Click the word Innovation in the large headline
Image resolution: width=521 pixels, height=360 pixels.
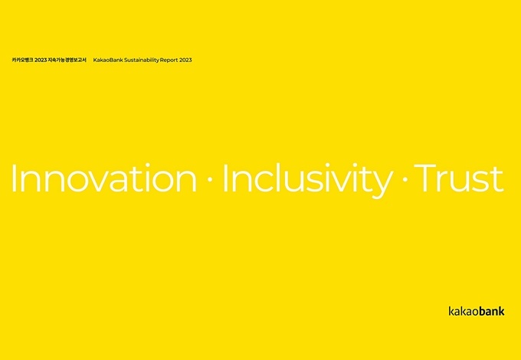pyautogui.click(x=104, y=178)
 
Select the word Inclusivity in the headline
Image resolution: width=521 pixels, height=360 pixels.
pyautogui.click(x=308, y=180)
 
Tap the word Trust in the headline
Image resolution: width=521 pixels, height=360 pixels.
pyautogui.click(x=460, y=178)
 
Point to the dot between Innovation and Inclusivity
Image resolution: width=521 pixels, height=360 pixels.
pyautogui.click(x=210, y=179)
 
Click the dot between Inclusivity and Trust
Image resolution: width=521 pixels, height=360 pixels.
pyautogui.click(x=405, y=179)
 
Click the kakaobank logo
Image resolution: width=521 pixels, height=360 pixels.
pyautogui.click(x=477, y=311)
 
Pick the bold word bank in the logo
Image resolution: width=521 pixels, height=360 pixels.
pyautogui.click(x=491, y=311)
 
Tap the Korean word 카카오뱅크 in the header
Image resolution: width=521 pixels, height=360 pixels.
pyautogui.click(x=22, y=60)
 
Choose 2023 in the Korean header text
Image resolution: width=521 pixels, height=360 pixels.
pyautogui.click(x=41, y=60)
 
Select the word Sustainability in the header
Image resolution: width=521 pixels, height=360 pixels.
pyautogui.click(x=138, y=61)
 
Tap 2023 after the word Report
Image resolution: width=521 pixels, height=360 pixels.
pyautogui.click(x=185, y=60)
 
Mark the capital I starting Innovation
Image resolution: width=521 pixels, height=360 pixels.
pyautogui.click(x=14, y=178)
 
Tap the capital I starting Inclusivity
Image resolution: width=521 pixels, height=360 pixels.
pyautogui.click(x=225, y=178)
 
